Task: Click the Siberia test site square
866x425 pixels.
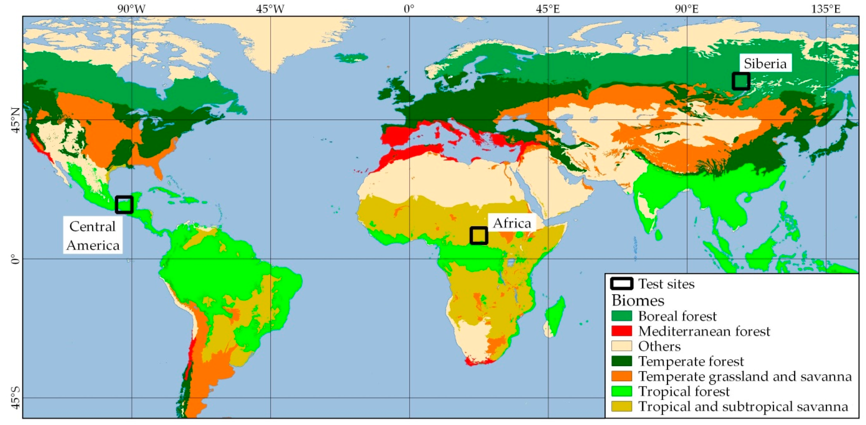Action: pos(741,81)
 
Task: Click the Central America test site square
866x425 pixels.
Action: pos(124,205)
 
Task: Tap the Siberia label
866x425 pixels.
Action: pos(765,64)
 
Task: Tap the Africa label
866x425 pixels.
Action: pos(512,223)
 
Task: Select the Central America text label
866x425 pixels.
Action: pos(93,236)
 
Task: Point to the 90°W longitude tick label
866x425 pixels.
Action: pos(131,9)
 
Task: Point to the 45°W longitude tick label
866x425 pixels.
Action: pos(270,9)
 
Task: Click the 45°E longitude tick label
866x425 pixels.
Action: pos(548,9)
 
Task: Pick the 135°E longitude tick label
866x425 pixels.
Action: pos(826,9)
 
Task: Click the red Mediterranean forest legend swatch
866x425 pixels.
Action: pos(621,331)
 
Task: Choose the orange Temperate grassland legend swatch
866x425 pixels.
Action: pos(621,376)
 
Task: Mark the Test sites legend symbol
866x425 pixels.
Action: pos(621,284)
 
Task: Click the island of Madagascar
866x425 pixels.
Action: pos(555,315)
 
